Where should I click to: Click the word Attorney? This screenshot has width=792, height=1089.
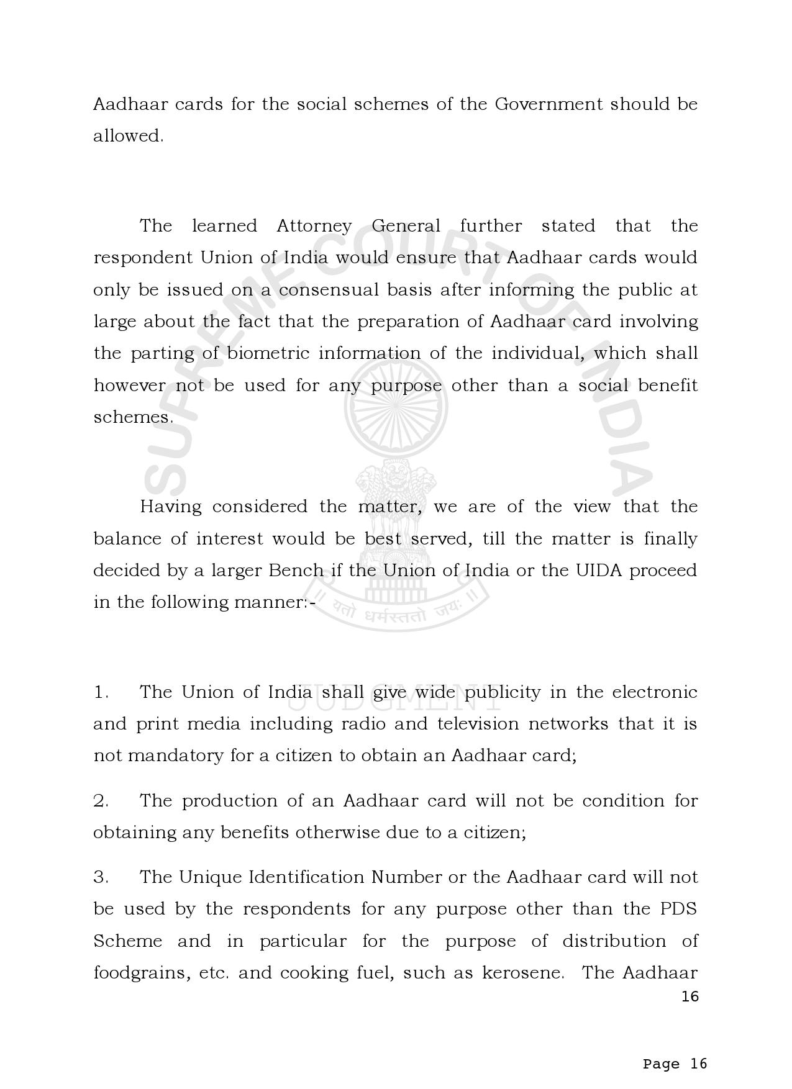314,227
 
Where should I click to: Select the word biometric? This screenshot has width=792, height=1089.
268,354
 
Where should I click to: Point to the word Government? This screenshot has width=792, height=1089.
548,104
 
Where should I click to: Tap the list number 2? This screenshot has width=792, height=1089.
101,802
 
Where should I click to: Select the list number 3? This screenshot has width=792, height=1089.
101,878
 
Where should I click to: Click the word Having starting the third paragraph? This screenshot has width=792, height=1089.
171,507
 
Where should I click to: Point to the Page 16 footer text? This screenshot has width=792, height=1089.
675,1064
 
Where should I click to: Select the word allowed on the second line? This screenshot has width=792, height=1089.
127,136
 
